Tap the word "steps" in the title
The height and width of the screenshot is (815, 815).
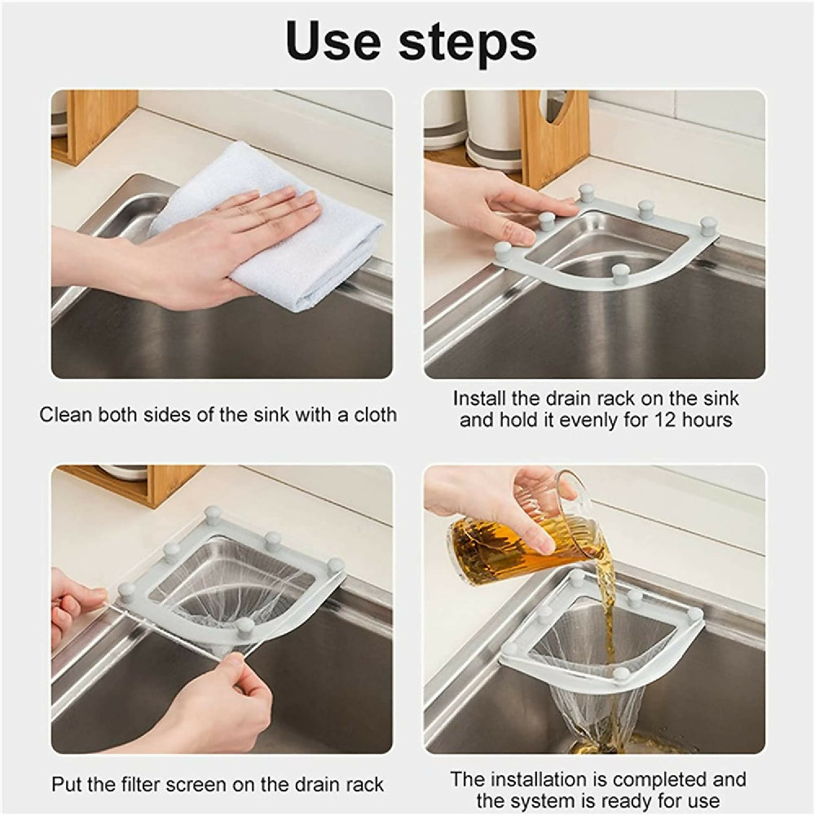468,44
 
